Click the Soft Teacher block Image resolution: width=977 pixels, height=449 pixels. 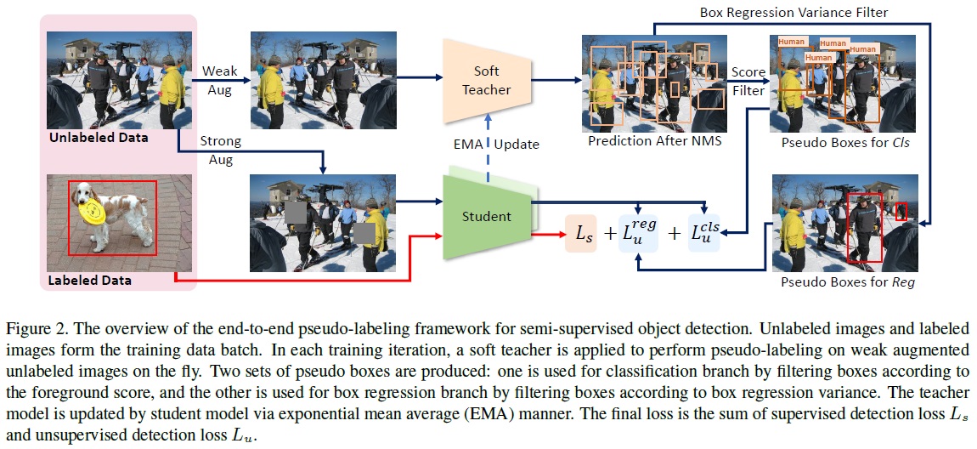coord(487,78)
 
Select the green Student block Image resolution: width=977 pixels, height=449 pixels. coord(487,216)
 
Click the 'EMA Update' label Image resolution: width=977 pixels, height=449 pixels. coord(496,144)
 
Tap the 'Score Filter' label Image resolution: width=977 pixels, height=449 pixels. coord(748,81)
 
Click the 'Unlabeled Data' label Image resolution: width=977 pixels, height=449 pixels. coord(98,137)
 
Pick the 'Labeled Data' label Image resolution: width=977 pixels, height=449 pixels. coord(90,280)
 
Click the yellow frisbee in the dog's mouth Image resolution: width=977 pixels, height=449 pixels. coord(93,207)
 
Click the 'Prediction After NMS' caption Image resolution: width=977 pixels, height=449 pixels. coord(654,141)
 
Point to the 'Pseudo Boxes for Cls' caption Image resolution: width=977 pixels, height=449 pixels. coord(844,143)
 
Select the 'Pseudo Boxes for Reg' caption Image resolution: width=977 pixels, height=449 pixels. coord(844,281)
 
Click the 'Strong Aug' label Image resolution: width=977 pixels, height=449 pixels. coord(220,150)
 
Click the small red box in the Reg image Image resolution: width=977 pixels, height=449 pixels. coord(901,211)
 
